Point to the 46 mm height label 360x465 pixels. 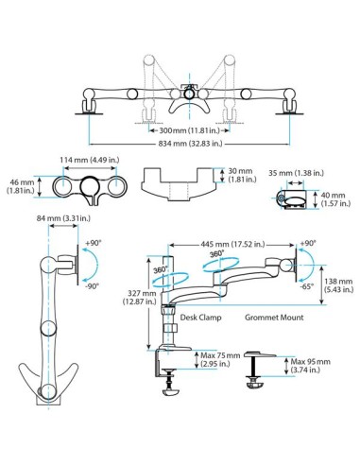21,186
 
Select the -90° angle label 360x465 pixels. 88,284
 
